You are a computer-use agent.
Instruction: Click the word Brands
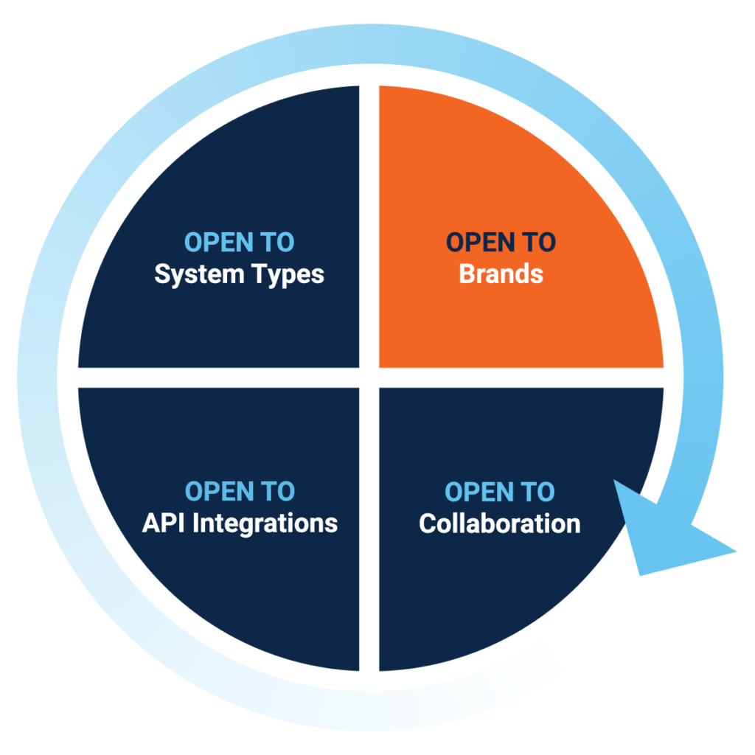coord(501,274)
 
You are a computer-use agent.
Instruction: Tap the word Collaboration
coord(500,523)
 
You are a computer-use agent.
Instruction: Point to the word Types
coord(286,275)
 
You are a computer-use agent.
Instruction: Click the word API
coord(162,523)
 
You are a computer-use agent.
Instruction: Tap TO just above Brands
coord(540,243)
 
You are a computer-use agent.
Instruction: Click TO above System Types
coord(278,243)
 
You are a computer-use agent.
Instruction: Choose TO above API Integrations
coord(278,492)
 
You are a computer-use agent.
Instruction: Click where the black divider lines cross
coord(369,377)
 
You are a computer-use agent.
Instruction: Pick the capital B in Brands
coord(467,274)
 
